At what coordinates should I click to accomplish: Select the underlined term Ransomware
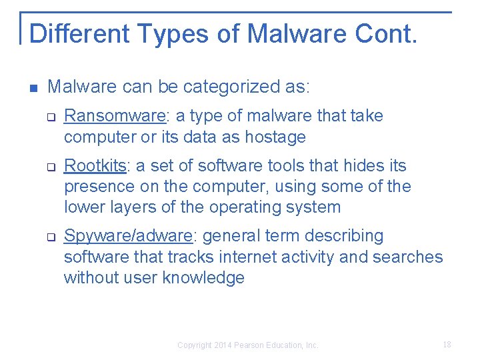coord(114,116)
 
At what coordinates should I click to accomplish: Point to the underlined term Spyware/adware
coord(128,236)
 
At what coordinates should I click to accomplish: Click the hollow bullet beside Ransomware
coord(50,117)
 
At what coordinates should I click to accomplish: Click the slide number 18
coord(447,345)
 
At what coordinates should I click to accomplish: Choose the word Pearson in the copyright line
coord(251,345)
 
